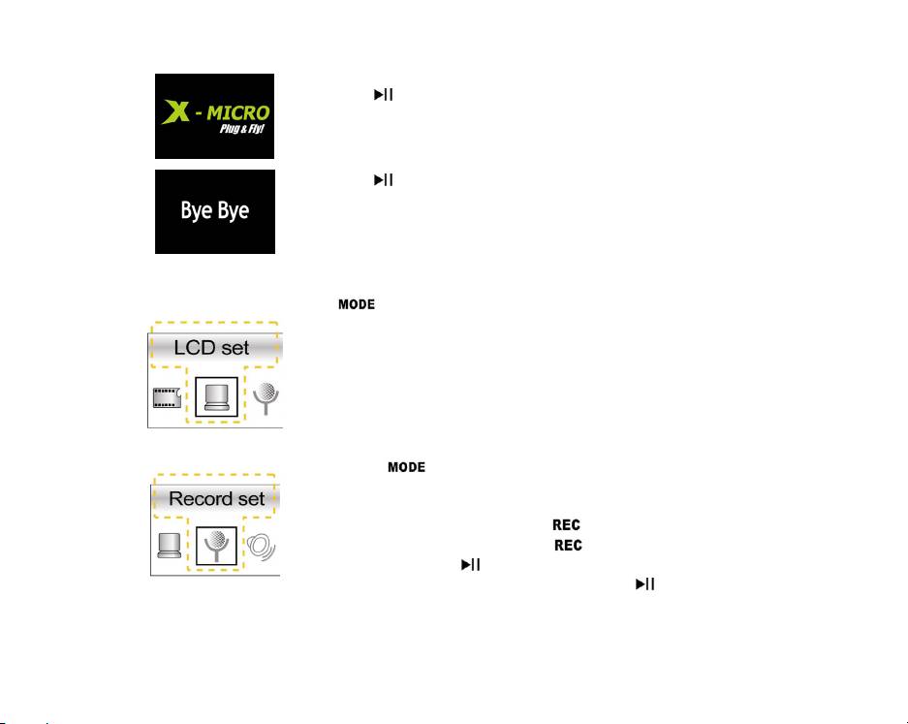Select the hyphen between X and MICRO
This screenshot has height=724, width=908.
tap(197, 114)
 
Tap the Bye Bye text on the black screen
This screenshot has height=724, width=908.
tap(214, 210)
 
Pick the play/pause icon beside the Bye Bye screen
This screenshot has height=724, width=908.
tap(384, 180)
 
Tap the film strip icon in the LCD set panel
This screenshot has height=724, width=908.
tap(168, 396)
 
